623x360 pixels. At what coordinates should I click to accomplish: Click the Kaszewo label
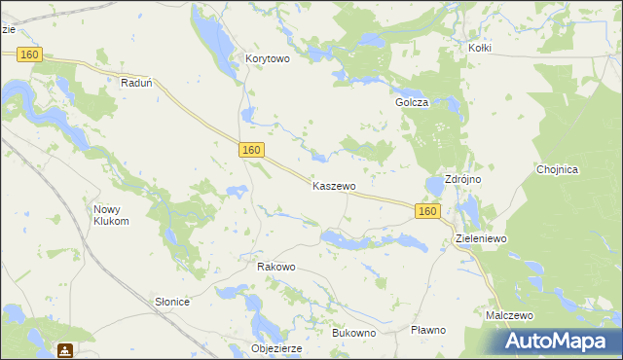coord(334,185)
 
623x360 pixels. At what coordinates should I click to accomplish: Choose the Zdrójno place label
coord(465,180)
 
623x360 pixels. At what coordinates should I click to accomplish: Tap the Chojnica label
coord(558,169)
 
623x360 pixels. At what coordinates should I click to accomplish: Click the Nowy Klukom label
coord(111,215)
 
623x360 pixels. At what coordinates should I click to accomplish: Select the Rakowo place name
coord(275,267)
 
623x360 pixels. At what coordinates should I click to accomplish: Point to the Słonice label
coord(172,302)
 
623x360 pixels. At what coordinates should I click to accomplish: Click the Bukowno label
coord(353,333)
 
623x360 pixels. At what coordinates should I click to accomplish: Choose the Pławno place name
coord(427,330)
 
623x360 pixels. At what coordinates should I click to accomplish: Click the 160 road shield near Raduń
coord(29,55)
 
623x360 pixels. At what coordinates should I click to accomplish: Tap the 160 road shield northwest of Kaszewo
coord(252,149)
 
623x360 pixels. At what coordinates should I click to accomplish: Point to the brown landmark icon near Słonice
coord(64,349)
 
